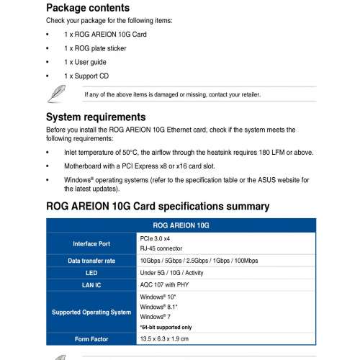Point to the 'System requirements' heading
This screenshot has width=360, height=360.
[106, 117]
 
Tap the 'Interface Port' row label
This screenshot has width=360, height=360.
[91, 243]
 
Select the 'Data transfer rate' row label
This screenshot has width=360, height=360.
[91, 261]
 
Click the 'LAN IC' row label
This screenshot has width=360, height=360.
[91, 285]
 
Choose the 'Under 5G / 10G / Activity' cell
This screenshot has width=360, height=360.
[180, 274]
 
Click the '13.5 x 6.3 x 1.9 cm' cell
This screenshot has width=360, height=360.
[171, 339]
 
